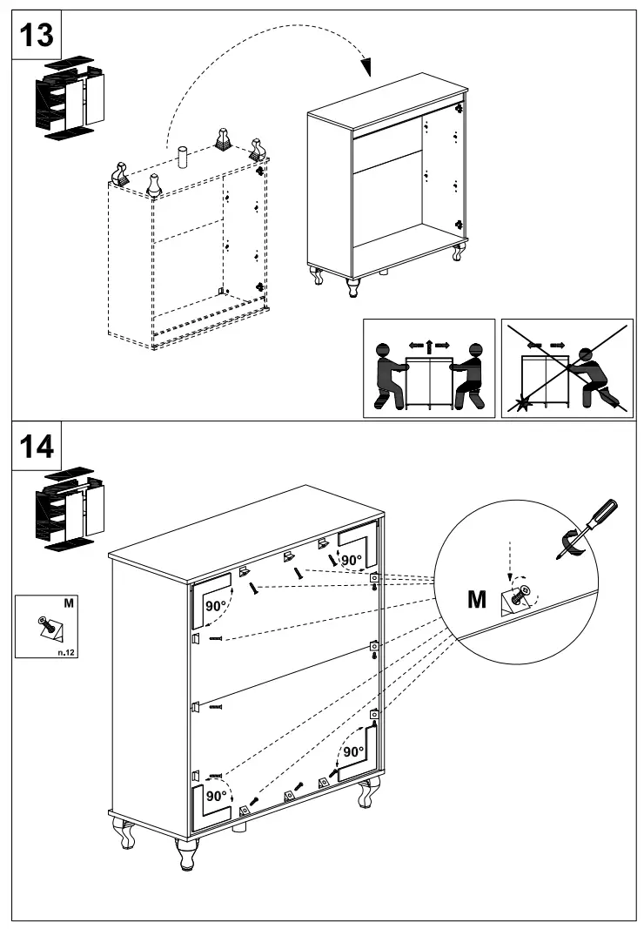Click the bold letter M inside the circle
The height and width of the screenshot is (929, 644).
pyautogui.click(x=478, y=599)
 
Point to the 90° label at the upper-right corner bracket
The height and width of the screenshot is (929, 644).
pyautogui.click(x=351, y=559)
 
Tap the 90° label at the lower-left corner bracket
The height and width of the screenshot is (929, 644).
pyautogui.click(x=215, y=794)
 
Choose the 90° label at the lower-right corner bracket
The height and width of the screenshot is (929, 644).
pyautogui.click(x=352, y=751)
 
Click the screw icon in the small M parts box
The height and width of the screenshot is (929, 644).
pyautogui.click(x=44, y=623)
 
